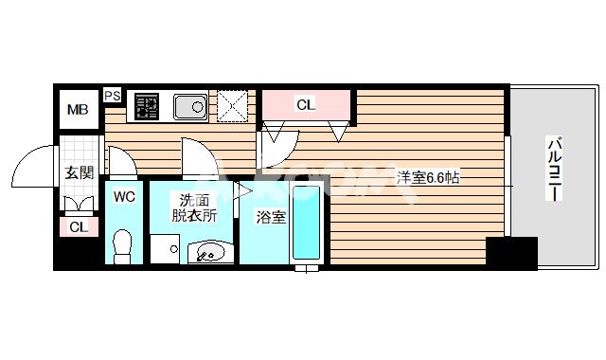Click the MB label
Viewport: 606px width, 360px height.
77,110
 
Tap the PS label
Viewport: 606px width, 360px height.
113,95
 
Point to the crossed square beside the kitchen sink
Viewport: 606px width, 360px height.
233,105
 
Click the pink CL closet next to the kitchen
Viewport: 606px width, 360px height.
306,105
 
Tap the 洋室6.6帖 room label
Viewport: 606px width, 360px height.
427,177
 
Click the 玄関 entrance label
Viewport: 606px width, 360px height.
79,173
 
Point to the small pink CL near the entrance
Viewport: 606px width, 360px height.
79,227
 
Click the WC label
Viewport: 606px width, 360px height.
124,197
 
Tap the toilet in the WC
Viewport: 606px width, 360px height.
122,245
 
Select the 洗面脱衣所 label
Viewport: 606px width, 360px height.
193,207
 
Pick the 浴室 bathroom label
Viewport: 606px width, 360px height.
271,217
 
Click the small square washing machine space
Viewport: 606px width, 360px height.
165,250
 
